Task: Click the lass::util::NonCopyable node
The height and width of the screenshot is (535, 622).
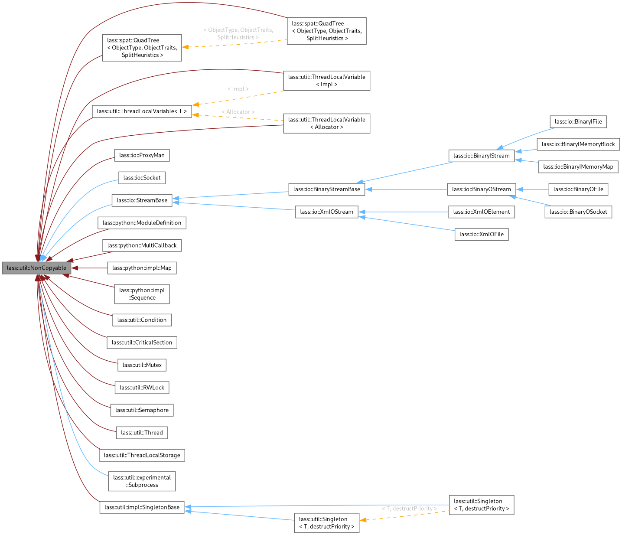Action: click(36, 268)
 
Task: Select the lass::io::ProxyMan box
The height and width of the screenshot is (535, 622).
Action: click(142, 155)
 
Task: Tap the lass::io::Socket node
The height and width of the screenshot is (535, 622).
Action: click(142, 178)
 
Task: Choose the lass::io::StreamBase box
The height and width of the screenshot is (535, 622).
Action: click(142, 200)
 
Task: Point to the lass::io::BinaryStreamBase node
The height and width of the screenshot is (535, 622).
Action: click(326, 189)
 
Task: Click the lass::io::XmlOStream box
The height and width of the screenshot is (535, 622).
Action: click(326, 212)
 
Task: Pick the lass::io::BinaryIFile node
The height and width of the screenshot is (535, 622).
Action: click(578, 121)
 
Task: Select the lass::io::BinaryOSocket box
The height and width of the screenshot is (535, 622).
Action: click(578, 212)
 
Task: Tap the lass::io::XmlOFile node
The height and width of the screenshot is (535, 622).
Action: click(482, 234)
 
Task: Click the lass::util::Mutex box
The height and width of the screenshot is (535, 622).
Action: click(142, 365)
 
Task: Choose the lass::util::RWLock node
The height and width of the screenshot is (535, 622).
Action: click(142, 388)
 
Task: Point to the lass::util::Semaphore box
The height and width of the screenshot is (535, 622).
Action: click(142, 410)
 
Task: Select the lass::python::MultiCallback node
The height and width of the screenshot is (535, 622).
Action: click(142, 245)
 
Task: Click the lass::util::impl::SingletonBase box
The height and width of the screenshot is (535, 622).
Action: click(142, 507)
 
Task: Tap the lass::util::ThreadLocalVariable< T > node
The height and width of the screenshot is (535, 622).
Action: click(142, 111)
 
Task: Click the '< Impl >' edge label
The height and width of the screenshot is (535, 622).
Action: click(238, 89)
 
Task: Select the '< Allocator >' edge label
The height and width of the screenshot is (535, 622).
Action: click(238, 112)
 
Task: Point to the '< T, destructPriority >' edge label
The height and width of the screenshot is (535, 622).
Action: click(409, 509)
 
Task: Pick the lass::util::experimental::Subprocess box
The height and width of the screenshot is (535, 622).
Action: click(142, 481)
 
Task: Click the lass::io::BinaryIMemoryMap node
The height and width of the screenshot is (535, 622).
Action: click(578, 166)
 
